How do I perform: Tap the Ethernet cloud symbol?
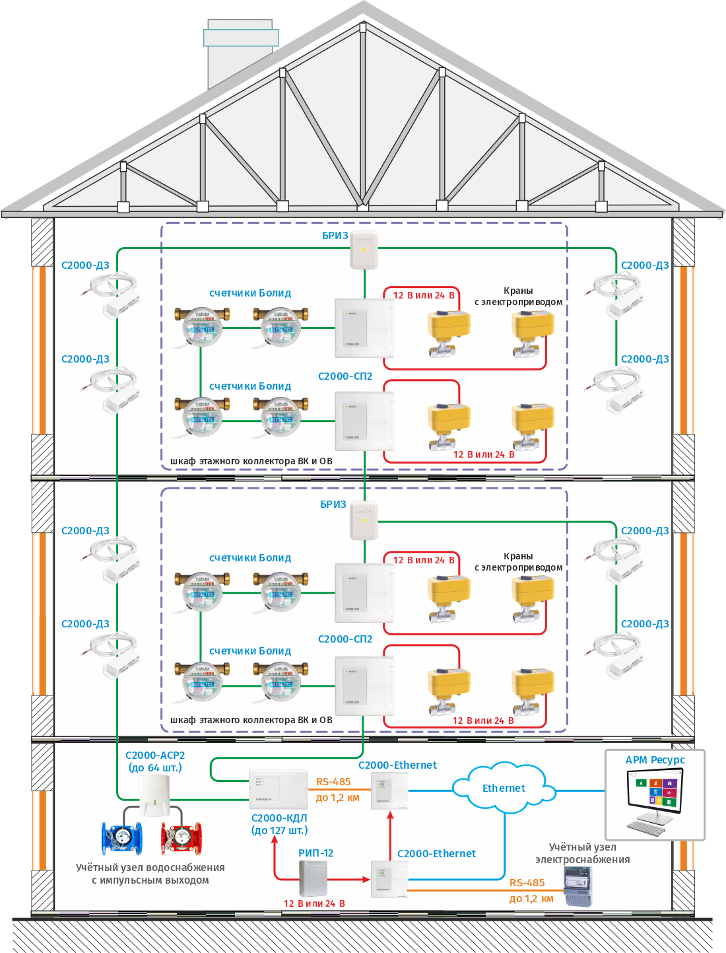pos(503,788)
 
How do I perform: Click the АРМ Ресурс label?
pos(655,760)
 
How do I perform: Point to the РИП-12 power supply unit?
pos(313,879)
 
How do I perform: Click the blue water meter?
pos(121,837)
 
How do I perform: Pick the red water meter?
pos(181,837)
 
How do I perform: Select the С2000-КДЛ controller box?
pos(278,789)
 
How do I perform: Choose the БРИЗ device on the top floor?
pos(364,250)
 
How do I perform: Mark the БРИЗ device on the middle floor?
pos(364,520)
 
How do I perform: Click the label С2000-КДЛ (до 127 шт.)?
pos(279,824)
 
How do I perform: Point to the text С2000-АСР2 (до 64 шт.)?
pos(155,761)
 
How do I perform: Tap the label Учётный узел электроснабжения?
pos(582,853)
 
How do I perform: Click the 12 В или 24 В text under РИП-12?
pos(314,903)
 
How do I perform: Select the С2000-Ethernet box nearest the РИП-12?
pos(389,879)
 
